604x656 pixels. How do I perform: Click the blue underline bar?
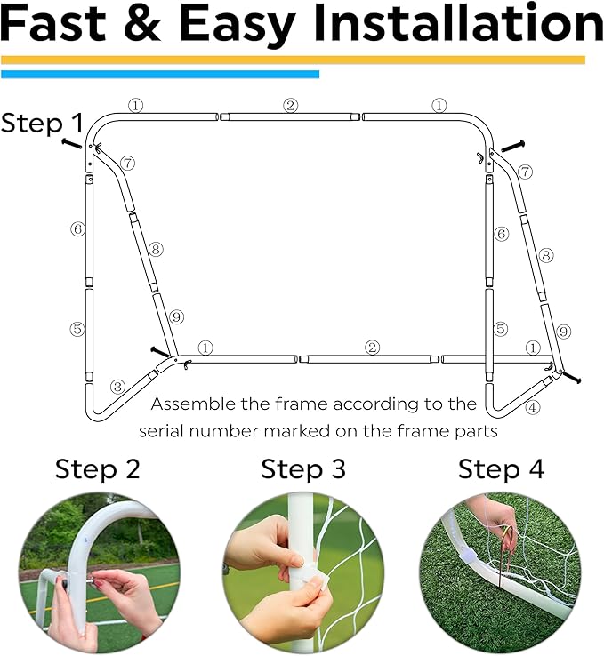pyautogui.click(x=160, y=75)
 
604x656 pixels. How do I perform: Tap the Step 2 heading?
pyautogui.click(x=98, y=469)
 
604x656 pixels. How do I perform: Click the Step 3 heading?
pyautogui.click(x=302, y=469)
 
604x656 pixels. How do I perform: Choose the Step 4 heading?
pyautogui.click(x=501, y=469)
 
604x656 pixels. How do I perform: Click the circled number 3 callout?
pyautogui.click(x=117, y=387)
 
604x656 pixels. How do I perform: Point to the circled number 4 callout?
pyautogui.click(x=532, y=408)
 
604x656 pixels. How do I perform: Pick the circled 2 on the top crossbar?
pyautogui.click(x=290, y=105)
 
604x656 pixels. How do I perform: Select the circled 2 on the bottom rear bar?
pyautogui.click(x=372, y=347)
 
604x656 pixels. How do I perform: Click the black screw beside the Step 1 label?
pyautogui.click(x=72, y=143)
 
